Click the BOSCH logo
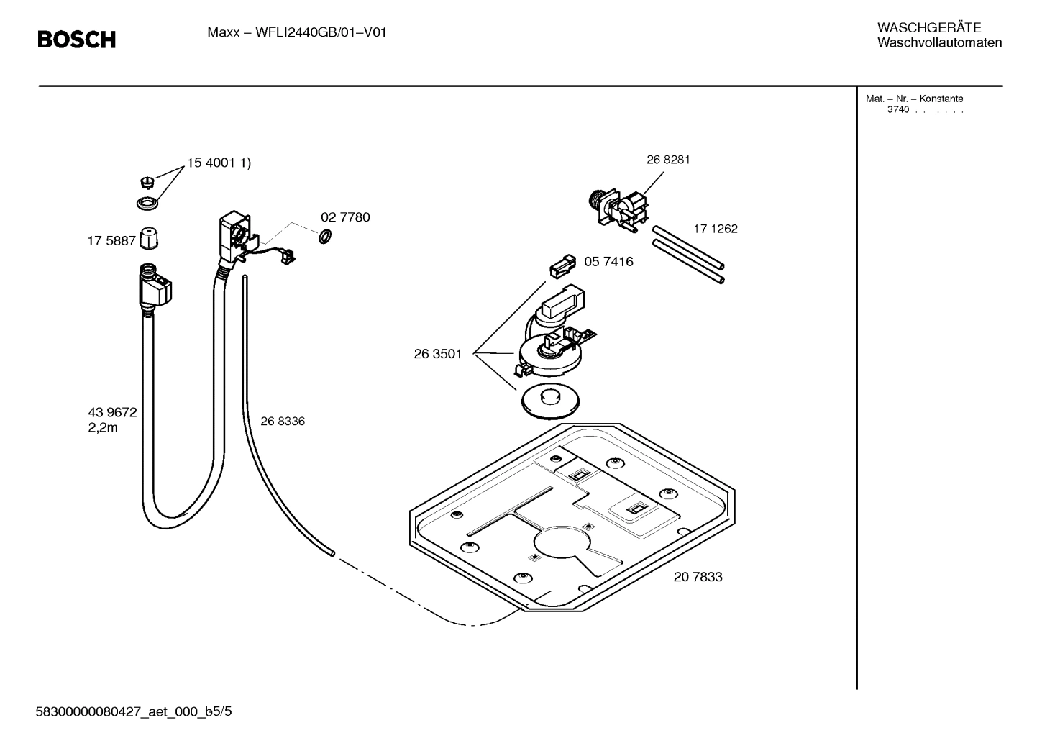(76, 40)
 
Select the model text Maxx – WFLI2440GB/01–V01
(296, 32)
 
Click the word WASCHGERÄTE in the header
(928, 28)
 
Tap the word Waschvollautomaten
(939, 43)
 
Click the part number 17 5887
(111, 241)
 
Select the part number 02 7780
(345, 217)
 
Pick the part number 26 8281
(668, 160)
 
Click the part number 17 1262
(716, 229)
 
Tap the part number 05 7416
(608, 262)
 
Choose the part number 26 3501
(437, 354)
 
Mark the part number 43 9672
(112, 413)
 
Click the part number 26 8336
(282, 422)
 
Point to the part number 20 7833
(698, 577)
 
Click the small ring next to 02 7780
(324, 236)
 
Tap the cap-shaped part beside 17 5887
(148, 237)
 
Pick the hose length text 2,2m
(103, 428)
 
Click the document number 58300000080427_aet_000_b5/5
(134, 712)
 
